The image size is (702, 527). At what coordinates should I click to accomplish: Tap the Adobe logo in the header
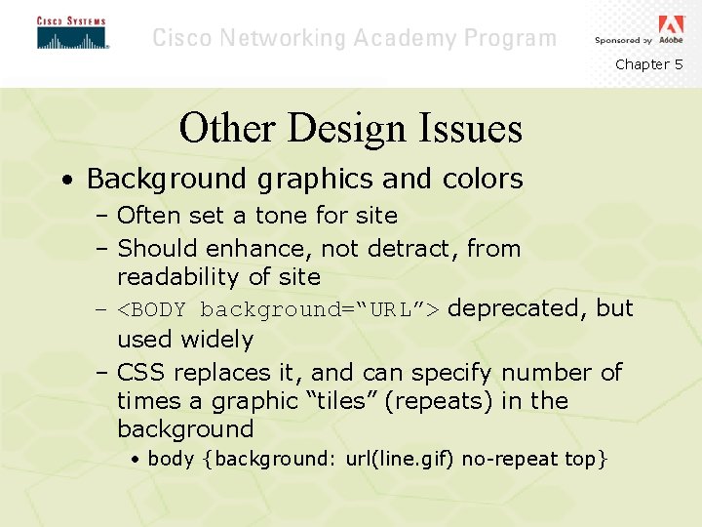[x=672, y=26]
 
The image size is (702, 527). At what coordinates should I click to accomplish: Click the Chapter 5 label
[x=648, y=64]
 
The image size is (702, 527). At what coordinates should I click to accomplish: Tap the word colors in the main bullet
[x=480, y=180]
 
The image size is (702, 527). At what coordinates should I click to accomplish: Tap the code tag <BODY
[x=155, y=310]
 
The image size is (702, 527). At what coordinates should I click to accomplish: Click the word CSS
[x=137, y=373]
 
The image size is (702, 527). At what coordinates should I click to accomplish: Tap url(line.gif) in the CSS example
[x=401, y=459]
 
